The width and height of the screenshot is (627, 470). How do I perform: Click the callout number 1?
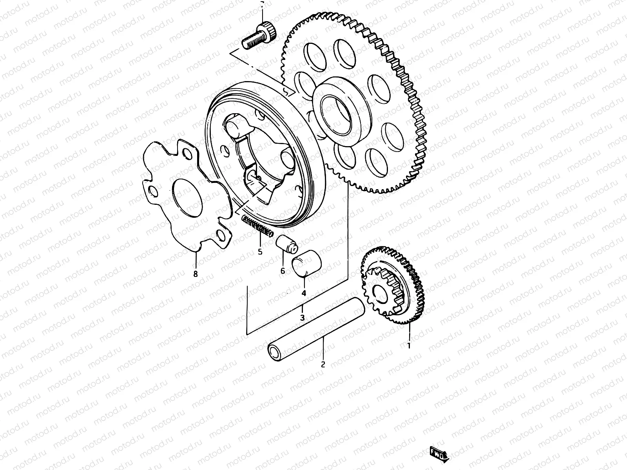(409, 346)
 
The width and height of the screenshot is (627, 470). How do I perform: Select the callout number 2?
(323, 364)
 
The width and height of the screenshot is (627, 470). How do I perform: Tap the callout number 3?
(302, 318)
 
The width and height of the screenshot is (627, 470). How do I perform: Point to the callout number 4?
(303, 293)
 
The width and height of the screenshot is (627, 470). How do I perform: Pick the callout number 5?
(260, 252)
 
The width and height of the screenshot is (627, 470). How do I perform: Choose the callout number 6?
(283, 270)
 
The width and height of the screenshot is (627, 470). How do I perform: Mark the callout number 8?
(196, 274)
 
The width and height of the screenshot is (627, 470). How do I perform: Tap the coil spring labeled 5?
(257, 227)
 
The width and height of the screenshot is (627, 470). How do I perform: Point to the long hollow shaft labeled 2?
(317, 327)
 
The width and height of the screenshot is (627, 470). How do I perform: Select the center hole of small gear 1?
(380, 292)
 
